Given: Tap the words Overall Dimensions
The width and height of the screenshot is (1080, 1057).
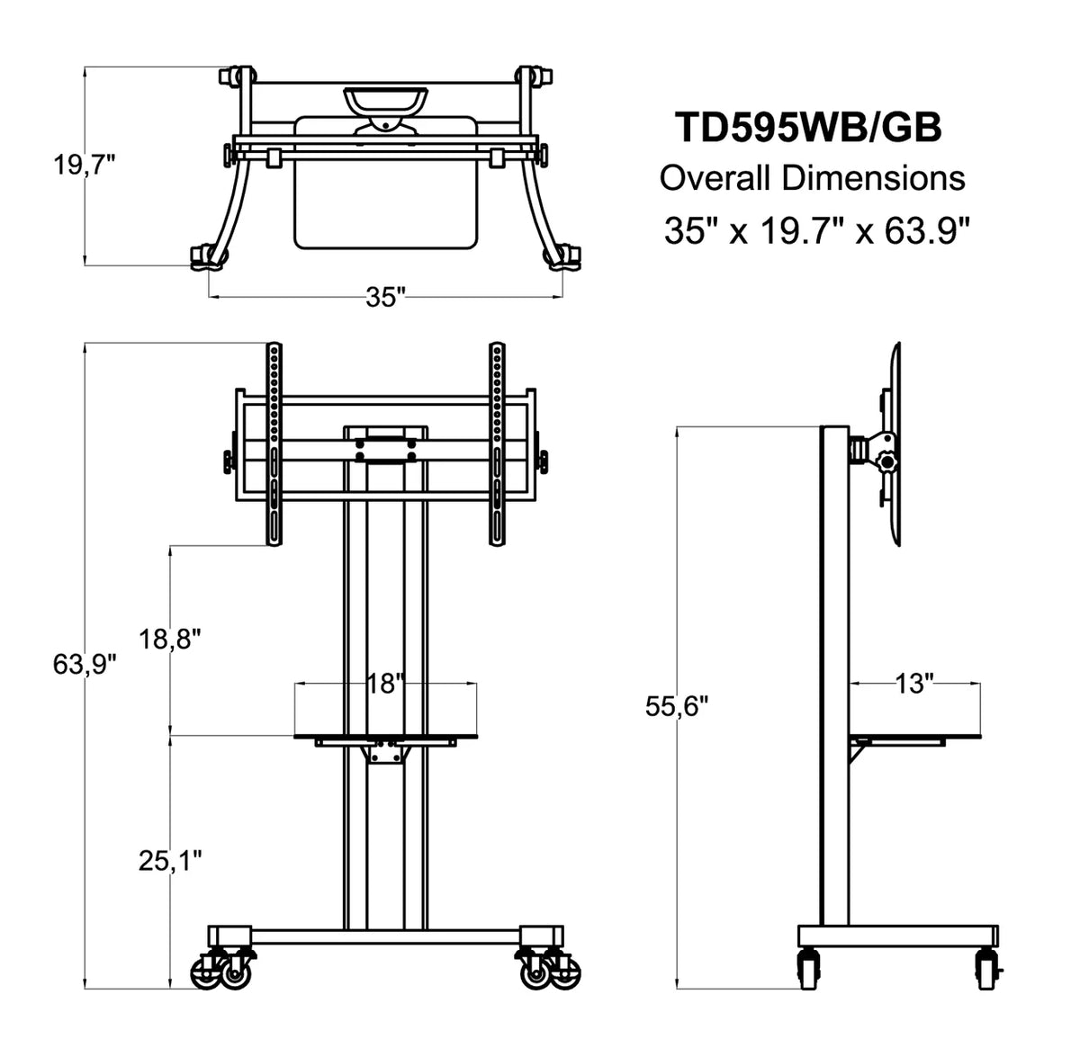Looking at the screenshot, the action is pos(812,179).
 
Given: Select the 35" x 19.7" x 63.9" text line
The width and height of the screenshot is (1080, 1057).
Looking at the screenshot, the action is pos(816,230).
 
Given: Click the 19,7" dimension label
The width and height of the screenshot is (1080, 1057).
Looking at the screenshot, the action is pos(85,166).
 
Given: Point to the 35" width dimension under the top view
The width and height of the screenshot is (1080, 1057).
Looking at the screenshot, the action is pos(385,297).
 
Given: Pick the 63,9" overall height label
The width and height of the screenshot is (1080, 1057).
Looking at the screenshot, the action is pos(85,665).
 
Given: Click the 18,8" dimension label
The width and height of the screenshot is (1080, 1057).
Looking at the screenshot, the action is pos(170,639).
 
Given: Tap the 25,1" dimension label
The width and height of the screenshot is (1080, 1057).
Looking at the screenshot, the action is pos(170,862).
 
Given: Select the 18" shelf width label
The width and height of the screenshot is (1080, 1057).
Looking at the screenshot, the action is pos(385,684).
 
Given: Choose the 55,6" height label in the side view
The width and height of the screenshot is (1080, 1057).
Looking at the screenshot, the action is pos(677,706).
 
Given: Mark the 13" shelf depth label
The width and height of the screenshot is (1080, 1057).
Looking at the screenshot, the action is pos(914,683).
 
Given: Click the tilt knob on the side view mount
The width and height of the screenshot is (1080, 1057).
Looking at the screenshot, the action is pos(887,463).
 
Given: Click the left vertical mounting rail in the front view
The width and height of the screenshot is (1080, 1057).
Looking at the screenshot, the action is pos(274,444).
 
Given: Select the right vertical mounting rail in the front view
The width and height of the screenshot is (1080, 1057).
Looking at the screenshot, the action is pos(497,444).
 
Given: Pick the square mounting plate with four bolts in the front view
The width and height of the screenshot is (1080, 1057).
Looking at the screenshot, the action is pos(385,450).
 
